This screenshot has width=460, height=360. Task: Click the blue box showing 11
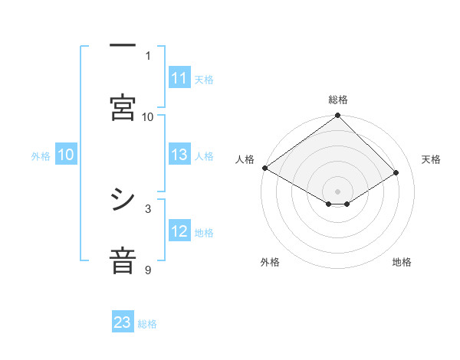pos(179,78)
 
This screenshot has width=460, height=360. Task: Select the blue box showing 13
pos(179,155)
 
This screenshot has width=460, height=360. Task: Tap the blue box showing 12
pos(179,231)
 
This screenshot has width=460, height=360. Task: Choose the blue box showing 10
pos(66,155)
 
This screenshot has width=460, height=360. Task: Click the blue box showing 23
pos(123,322)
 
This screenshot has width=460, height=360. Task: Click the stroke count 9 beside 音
pos(148,270)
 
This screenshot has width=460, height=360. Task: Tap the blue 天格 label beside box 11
pos(204,79)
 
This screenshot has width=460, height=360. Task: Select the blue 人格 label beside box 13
pos(204,155)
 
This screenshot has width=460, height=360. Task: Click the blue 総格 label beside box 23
pos(147,323)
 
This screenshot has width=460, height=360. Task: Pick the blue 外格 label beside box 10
pos(41,155)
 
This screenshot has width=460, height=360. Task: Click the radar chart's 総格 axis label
pos(337,100)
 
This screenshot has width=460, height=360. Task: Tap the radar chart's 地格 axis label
pos(402,262)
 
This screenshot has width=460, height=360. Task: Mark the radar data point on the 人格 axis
pos(264,168)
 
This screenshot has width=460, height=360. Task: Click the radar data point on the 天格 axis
pos(396,173)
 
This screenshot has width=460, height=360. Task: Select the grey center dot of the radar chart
pos(337,191)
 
